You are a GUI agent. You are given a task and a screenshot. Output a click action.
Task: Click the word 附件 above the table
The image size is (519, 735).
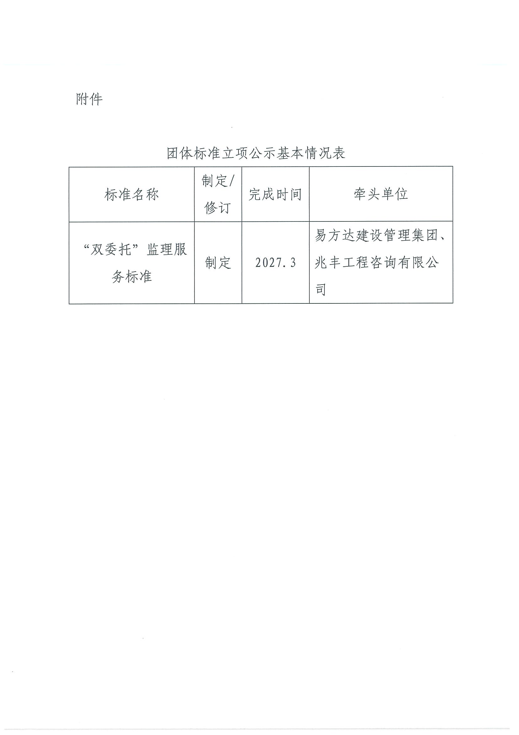[89, 99]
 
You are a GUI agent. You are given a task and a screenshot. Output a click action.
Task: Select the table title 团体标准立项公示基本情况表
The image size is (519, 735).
[256, 153]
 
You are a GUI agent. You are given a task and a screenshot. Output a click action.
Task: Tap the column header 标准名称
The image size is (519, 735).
[131, 195]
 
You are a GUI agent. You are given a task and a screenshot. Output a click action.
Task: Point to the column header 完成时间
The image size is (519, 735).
[275, 195]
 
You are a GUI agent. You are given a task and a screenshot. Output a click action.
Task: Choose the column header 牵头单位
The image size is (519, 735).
[381, 194]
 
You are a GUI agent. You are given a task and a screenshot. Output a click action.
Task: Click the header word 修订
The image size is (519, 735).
[217, 208]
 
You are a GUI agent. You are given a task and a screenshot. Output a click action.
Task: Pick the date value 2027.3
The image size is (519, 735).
[275, 263]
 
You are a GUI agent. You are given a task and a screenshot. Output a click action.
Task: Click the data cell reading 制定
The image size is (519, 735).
[218, 263]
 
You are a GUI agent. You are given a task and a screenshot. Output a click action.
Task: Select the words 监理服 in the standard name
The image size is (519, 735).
[167, 249]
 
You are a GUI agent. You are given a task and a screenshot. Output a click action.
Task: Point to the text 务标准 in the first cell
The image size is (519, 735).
[131, 276]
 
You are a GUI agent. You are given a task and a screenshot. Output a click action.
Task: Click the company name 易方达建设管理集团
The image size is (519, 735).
[376, 236]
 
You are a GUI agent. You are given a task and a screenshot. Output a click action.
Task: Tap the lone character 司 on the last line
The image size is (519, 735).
[320, 290]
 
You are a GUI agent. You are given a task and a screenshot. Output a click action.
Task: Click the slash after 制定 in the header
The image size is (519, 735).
[232, 181]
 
